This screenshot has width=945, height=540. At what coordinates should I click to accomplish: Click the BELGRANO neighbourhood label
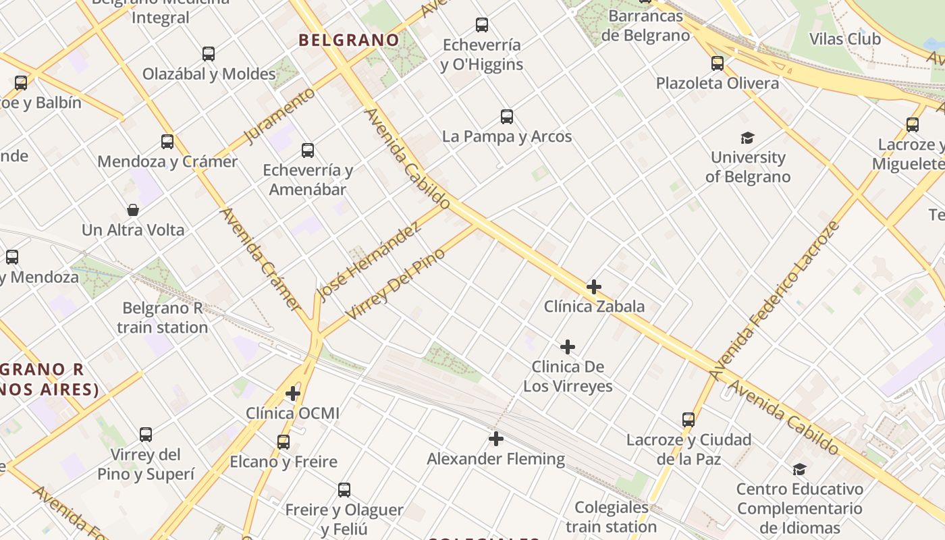click(x=349, y=40)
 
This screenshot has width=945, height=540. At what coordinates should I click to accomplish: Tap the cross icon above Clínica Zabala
click(x=594, y=287)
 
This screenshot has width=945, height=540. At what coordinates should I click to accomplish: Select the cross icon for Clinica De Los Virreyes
click(x=568, y=347)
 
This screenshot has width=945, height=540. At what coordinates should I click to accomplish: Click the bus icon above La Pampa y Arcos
click(x=507, y=117)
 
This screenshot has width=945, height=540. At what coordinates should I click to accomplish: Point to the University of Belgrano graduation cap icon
click(x=747, y=138)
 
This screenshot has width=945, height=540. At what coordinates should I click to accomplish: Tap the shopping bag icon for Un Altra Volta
click(x=133, y=210)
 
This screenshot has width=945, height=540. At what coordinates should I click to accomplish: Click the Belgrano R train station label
click(x=162, y=318)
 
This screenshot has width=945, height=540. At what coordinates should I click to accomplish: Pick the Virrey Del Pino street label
click(x=396, y=284)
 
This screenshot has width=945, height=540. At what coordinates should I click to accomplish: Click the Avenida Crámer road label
click(x=261, y=259)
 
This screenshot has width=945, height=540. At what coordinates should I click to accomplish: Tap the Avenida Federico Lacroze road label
click(x=774, y=300)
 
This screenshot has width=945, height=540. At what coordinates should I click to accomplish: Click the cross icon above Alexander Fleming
click(x=496, y=439)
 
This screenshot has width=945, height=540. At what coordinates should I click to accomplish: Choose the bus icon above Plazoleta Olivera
click(x=718, y=63)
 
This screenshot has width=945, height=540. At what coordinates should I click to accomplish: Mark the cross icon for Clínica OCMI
click(x=293, y=393)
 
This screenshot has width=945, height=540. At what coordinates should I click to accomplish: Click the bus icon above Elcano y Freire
click(x=283, y=442)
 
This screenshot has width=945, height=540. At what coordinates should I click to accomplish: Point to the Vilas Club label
click(x=844, y=39)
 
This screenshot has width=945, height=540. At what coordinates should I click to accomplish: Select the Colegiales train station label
click(x=612, y=517)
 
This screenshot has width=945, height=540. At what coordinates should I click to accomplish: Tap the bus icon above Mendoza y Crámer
click(x=167, y=142)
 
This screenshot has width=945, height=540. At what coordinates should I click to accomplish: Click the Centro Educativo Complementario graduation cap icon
click(x=799, y=469)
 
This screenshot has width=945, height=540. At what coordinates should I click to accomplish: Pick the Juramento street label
click(x=279, y=115)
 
